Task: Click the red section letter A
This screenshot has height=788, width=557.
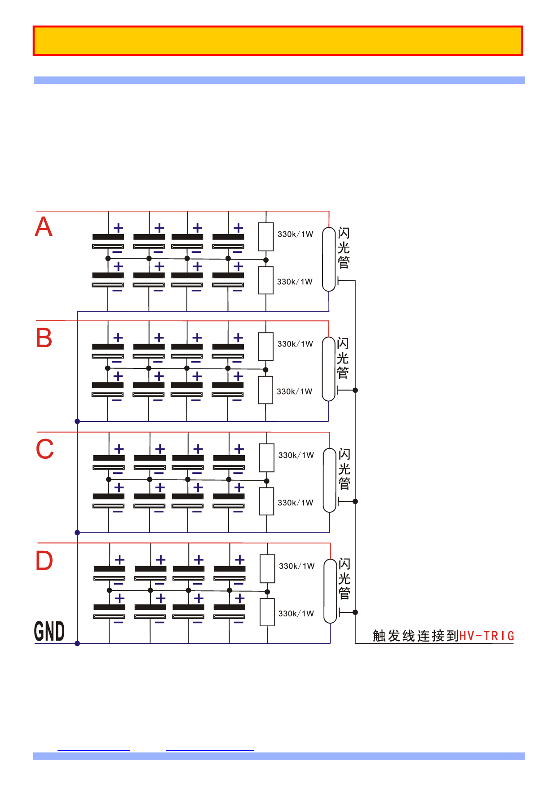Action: (44, 226)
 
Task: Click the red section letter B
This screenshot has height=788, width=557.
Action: (44, 338)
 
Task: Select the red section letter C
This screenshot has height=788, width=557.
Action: (44, 449)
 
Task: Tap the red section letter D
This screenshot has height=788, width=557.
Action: (44, 561)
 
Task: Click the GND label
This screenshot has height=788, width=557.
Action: (49, 631)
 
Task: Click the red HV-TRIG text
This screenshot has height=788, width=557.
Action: (486, 636)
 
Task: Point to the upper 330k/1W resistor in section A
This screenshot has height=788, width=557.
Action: (266, 237)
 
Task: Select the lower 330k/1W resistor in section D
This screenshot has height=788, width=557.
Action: (267, 612)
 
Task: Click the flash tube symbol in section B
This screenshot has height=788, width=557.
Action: (329, 369)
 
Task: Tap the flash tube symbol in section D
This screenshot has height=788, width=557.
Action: (330, 591)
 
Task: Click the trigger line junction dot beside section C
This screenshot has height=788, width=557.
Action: (355, 501)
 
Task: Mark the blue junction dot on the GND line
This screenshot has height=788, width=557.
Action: (77, 643)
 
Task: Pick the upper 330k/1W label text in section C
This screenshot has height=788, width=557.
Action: (296, 455)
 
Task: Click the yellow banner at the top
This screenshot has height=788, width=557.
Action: (278, 41)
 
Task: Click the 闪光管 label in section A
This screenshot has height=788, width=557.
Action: (344, 248)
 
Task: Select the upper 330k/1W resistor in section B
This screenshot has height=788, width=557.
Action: (266, 346)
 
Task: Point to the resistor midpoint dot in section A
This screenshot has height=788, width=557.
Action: (266, 260)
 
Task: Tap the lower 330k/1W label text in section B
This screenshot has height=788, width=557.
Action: (294, 391)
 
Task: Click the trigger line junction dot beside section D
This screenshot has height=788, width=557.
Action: (355, 612)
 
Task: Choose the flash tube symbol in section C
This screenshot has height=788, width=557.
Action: (330, 480)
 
